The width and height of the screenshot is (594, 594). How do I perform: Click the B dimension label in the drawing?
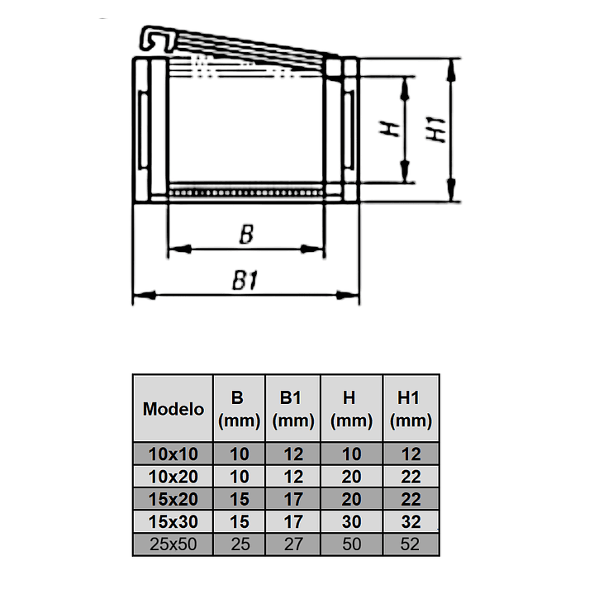(x=245, y=235)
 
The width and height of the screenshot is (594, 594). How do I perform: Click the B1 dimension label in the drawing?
(x=245, y=282)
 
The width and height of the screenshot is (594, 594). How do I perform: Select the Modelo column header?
(x=173, y=409)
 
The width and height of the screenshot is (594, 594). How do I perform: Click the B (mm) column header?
(x=239, y=409)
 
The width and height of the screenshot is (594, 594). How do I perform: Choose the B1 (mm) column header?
(x=292, y=409)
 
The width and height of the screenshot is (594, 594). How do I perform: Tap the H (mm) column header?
(x=351, y=409)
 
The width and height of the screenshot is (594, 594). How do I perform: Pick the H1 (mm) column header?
(x=411, y=409)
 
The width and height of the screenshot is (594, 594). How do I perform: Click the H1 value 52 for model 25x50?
(x=411, y=544)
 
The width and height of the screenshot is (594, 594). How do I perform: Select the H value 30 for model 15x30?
(x=351, y=522)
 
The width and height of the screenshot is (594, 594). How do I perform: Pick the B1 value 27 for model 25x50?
(x=292, y=544)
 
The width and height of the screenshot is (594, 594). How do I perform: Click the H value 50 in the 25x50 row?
(x=351, y=544)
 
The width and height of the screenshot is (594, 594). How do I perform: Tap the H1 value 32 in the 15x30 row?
(x=411, y=522)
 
